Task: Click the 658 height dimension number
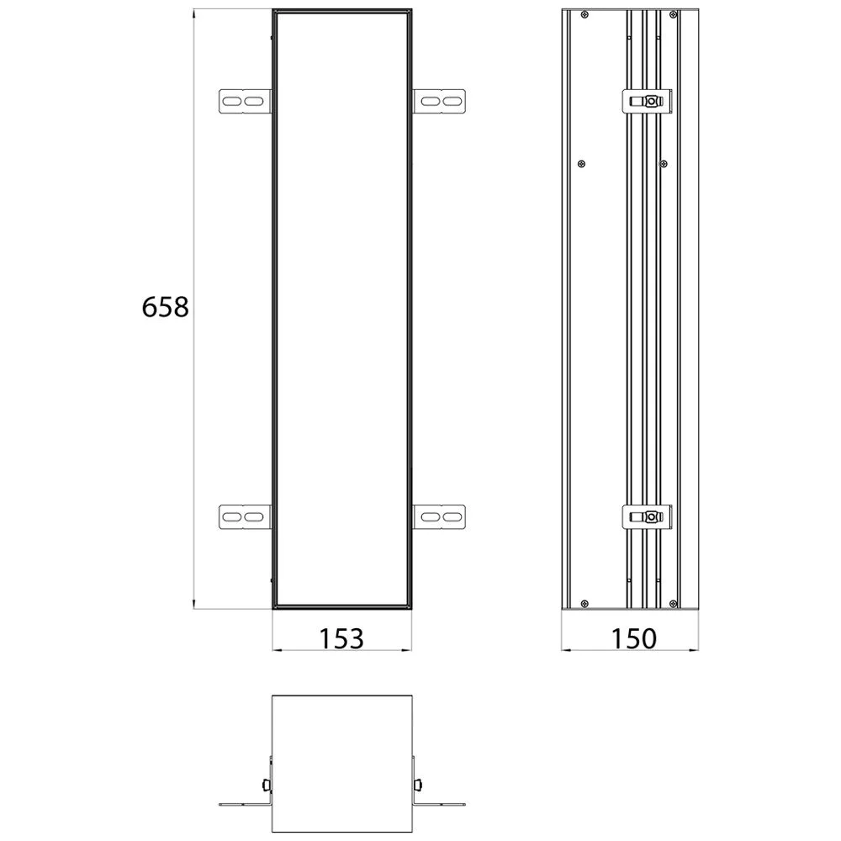166,308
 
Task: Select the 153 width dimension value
341,638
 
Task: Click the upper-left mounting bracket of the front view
245,101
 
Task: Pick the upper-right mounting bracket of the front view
440,101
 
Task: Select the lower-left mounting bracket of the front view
245,516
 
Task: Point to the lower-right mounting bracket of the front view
440,516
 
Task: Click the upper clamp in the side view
647,101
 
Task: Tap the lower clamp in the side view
647,516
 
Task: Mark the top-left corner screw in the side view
584,14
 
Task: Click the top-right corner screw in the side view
673,14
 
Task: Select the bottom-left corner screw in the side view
584,602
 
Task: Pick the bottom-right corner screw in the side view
673,602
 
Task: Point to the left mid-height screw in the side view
582,163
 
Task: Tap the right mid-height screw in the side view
664,163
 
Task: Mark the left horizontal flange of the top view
244,804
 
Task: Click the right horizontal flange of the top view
440,804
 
